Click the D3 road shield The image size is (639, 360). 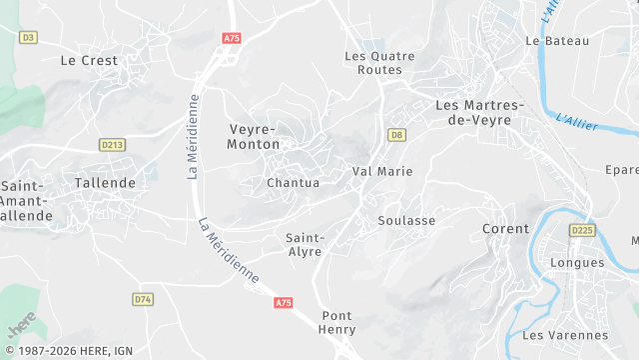pos(28,37)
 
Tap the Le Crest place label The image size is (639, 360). pos(89,60)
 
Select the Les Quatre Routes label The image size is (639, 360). pos(372,63)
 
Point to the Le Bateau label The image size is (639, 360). pos(557,41)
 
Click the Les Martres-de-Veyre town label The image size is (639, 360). pos(473,112)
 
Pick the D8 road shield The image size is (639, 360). pos(397,135)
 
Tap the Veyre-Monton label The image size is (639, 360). pos(254,137)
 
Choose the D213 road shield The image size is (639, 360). pos(112,145)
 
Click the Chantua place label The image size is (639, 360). pos(293,183)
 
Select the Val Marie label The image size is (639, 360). pos(382,172)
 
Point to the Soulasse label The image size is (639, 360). pos(406,220)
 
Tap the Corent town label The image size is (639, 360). pos(505,229)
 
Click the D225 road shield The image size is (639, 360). pos(581,230)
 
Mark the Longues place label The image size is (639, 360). pos(577,263)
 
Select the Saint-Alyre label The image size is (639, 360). pos(304,245)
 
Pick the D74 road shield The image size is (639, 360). pos(142,299)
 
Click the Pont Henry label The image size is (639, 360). pos(336,322)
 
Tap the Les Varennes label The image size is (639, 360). pos(565,335)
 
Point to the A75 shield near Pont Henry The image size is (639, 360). pos(284,303)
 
